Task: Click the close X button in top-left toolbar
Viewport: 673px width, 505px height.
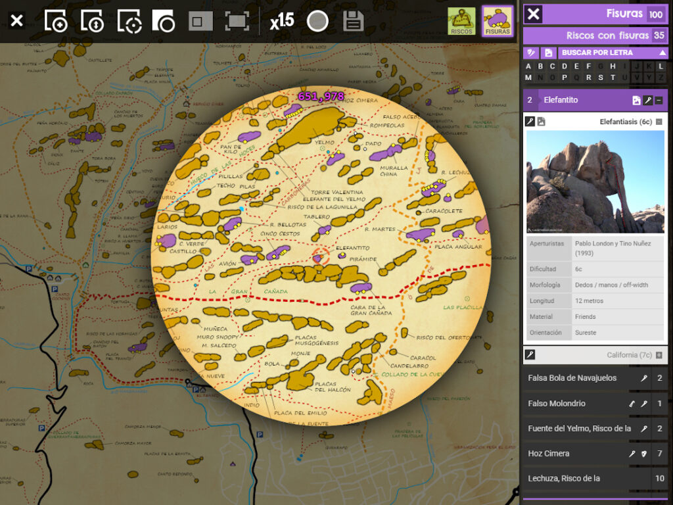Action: (17, 21)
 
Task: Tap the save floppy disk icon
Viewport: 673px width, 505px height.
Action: (353, 22)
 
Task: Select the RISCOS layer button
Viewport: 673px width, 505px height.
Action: (461, 21)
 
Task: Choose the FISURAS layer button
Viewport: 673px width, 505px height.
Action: (498, 21)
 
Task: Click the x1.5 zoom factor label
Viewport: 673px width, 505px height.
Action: (282, 22)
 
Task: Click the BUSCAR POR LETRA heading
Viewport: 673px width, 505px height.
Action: (597, 53)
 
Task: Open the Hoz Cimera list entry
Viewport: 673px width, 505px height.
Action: (549, 453)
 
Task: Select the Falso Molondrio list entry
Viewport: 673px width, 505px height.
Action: (556, 403)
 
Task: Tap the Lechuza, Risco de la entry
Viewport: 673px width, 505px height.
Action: (564, 478)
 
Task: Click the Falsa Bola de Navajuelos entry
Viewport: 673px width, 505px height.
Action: (572, 378)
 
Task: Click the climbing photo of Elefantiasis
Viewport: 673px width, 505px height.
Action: (595, 181)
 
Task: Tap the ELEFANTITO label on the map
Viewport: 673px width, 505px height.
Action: (352, 249)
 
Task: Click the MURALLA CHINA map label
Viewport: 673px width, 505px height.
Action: (394, 170)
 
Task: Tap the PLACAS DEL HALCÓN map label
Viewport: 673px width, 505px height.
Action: (332, 387)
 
